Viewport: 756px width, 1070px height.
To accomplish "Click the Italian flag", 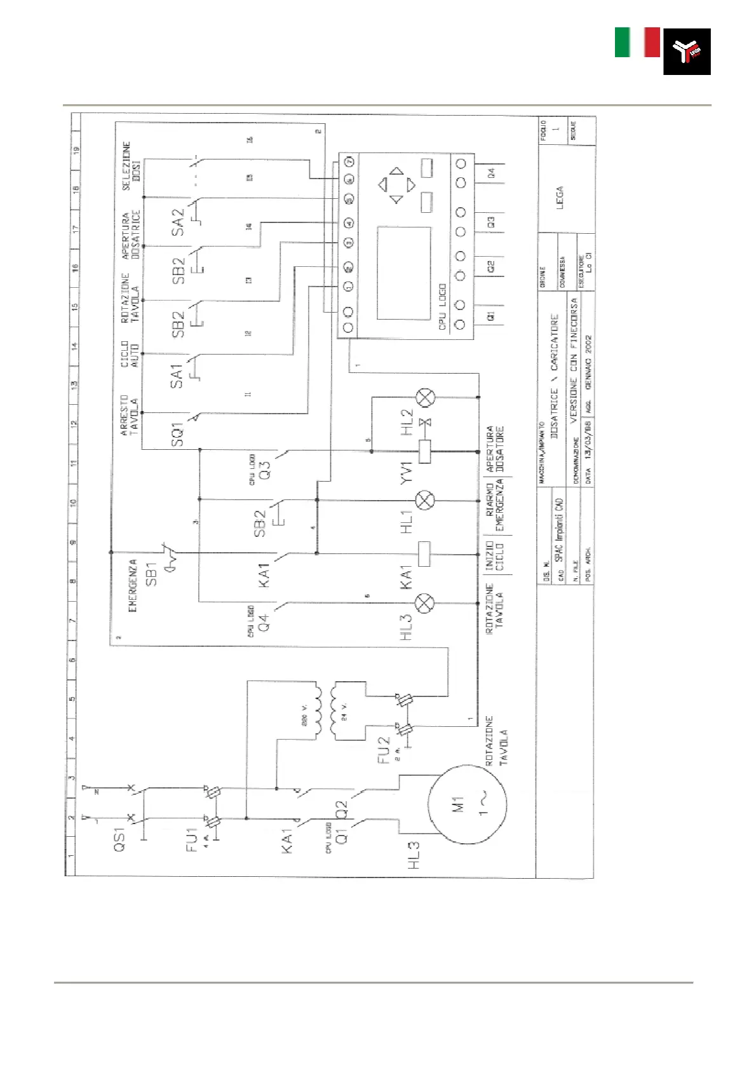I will (x=637, y=43).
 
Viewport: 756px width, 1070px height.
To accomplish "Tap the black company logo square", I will (x=687, y=51).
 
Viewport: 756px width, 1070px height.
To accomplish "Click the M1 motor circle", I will (x=468, y=804).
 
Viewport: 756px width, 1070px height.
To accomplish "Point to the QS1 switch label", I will (x=119, y=839).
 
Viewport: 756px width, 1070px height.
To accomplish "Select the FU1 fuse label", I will (x=192, y=839).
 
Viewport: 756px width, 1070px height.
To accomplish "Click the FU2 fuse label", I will (x=383, y=750).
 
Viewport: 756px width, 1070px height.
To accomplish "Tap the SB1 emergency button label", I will (x=151, y=574).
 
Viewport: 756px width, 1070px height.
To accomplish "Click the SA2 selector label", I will (x=178, y=222).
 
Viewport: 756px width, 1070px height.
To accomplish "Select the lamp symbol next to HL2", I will (x=425, y=398).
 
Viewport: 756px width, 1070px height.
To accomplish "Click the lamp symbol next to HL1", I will (x=425, y=500).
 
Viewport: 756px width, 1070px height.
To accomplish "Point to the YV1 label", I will (x=407, y=473).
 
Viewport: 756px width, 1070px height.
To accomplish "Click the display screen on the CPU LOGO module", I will (x=404, y=273).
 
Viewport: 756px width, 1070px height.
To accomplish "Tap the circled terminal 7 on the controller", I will (x=349, y=161).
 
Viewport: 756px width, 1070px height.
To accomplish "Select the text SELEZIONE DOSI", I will (x=131, y=165).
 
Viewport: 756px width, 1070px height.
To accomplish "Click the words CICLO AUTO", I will (x=129, y=354).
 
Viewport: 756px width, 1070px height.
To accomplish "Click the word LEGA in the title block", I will (x=559, y=197).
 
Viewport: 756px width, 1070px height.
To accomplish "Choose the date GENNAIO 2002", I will (x=588, y=362).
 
